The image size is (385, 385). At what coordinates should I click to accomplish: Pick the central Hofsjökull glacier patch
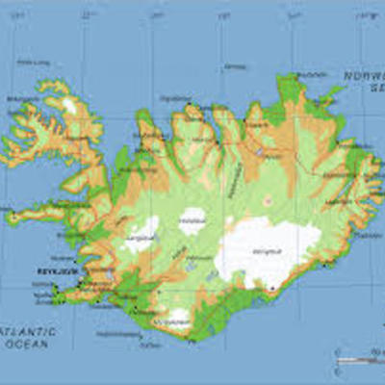click(x=192, y=220)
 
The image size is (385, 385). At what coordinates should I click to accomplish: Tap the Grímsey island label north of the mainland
click(x=234, y=67)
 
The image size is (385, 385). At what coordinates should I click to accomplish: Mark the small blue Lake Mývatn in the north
click(x=260, y=151)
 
